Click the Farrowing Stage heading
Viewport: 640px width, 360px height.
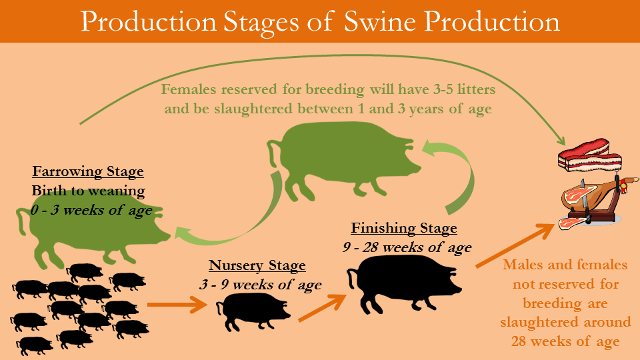point(88,171)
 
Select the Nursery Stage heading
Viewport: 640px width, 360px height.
point(257,265)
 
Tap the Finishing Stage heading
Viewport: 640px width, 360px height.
point(404,228)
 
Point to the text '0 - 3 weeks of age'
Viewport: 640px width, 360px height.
point(91,210)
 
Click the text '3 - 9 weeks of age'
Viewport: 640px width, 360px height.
point(261,285)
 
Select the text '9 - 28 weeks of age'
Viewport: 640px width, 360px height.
point(407,247)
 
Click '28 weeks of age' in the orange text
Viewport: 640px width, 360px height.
point(565,341)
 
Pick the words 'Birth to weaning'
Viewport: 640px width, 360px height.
point(88,191)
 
